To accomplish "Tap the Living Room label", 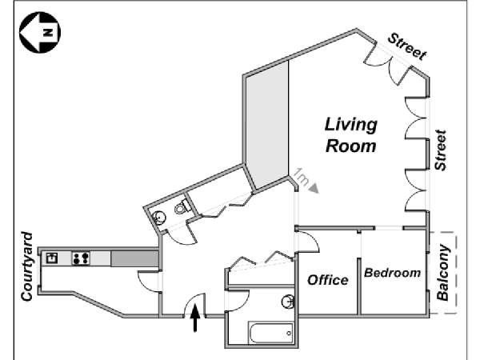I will pyautogui.click(x=350, y=135).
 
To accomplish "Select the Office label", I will pyautogui.click(x=328, y=279).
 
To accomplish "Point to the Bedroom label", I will pyautogui.click(x=392, y=273).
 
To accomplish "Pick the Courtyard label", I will pyautogui.click(x=26, y=267).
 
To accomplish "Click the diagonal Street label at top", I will pyautogui.click(x=406, y=46).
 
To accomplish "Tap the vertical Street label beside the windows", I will pyautogui.click(x=439, y=150).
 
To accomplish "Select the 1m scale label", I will pyautogui.click(x=301, y=174).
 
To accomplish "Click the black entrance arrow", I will pyautogui.click(x=194, y=318).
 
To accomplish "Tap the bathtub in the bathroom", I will pyautogui.click(x=261, y=331).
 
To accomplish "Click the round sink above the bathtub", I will pyautogui.click(x=287, y=302).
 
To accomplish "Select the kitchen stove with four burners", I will pyautogui.click(x=80, y=258).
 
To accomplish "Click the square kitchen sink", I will pyautogui.click(x=52, y=258).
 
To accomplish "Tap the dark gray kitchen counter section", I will pyautogui.click(x=133, y=258).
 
